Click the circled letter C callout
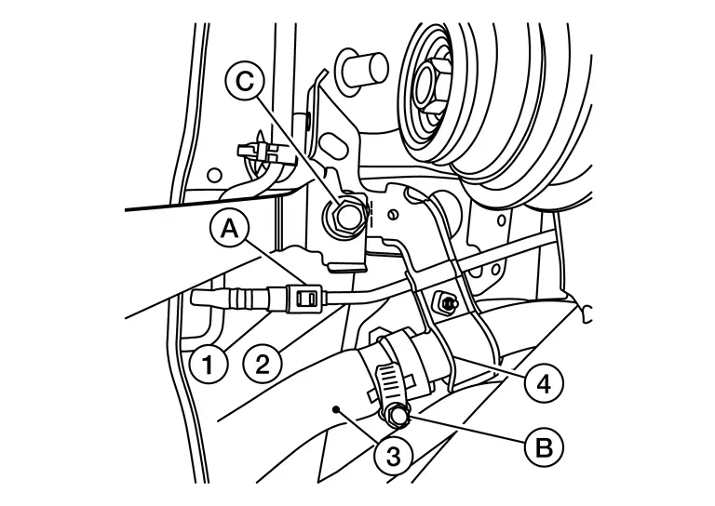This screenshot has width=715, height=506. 246,82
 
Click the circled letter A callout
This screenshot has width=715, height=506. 229,230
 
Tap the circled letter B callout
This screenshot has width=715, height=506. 545,447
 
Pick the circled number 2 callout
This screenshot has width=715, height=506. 263,365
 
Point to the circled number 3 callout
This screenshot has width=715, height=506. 394,456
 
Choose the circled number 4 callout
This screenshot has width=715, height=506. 544,383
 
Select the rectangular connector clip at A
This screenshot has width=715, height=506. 304,299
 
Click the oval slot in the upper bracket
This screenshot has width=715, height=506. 334,148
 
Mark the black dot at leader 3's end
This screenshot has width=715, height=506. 336,409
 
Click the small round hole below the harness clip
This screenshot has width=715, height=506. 214,175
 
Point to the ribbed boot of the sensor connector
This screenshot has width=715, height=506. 246,299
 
